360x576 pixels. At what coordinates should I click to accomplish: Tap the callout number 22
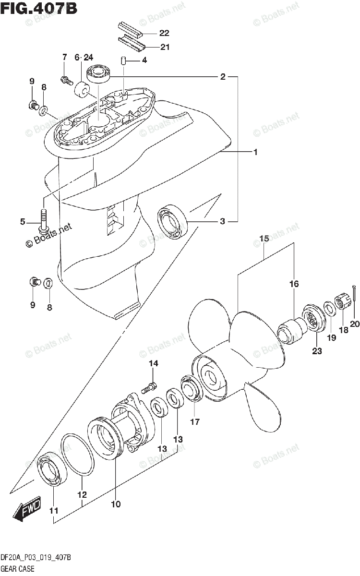tap(164, 33)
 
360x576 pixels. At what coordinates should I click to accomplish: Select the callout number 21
tap(164, 47)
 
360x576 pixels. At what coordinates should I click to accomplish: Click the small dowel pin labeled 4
tap(123, 61)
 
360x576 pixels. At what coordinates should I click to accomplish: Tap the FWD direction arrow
tap(28, 510)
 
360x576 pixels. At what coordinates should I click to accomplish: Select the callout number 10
tap(116, 504)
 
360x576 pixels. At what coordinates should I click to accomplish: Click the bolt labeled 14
tap(150, 385)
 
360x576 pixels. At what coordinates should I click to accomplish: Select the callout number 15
tap(264, 239)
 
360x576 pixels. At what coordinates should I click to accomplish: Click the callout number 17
tap(194, 422)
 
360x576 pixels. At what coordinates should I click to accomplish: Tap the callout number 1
tap(256, 152)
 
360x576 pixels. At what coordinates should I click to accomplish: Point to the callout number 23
tap(317, 350)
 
